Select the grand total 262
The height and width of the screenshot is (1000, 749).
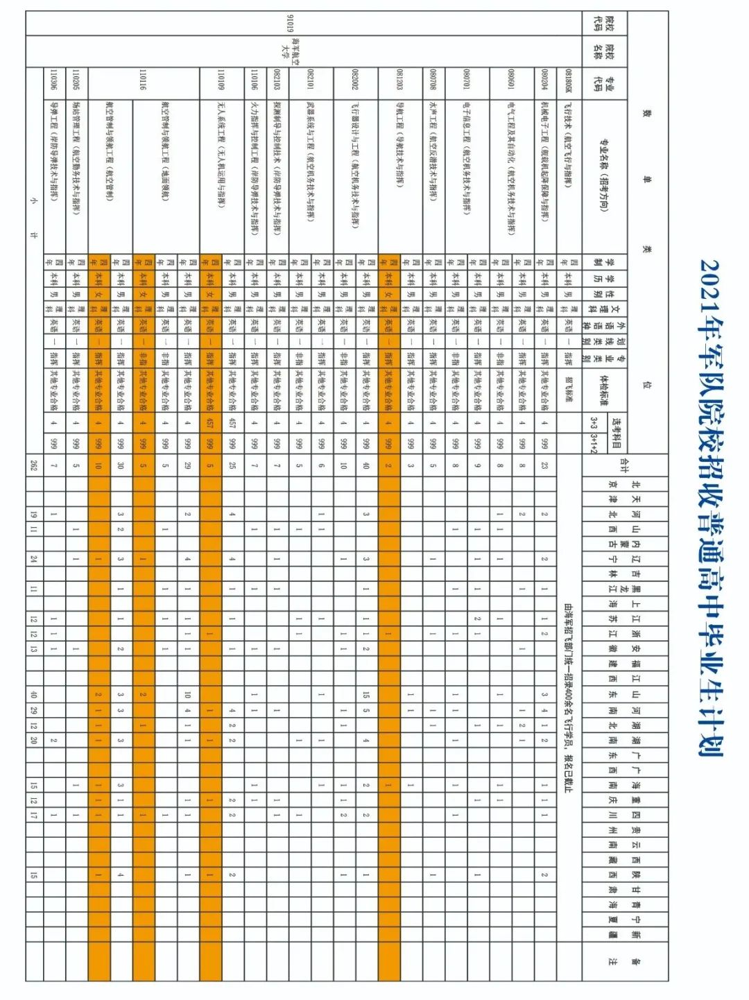coord(33,465)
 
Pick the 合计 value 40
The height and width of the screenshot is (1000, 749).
coord(366,465)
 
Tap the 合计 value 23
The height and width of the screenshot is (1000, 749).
coord(545,465)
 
